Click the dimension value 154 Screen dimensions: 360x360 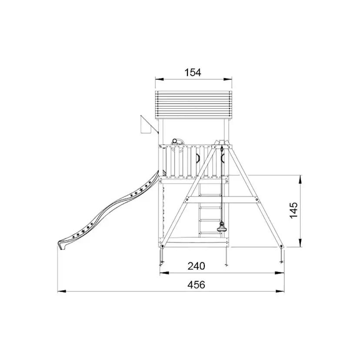click(193, 73)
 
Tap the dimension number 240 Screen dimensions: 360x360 click(196, 266)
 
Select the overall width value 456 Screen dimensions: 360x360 click(196, 285)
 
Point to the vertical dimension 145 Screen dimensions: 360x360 click(293, 210)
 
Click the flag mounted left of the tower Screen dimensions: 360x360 click(146, 125)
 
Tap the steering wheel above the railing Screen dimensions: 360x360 click(177, 145)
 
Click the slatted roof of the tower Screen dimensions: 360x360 click(193, 105)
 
